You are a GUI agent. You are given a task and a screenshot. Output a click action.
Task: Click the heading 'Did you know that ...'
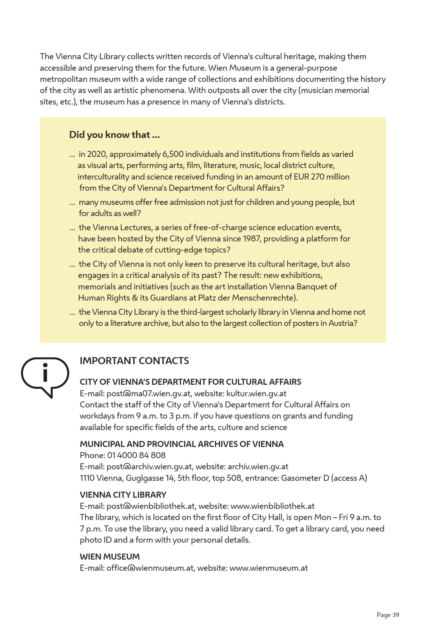pos(114,135)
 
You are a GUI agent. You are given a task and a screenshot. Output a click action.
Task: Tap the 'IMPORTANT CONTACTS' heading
pos(134,361)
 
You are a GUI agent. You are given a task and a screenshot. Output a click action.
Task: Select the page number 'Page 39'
pos(388,615)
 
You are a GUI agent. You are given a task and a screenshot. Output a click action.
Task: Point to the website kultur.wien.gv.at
pos(256,393)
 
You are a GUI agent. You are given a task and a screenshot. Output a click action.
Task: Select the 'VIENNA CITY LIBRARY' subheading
pos(123,495)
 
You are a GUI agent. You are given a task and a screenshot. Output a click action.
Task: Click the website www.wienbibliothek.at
pos(272,506)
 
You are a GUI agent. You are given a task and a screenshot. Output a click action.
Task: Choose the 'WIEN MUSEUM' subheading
pos(110,557)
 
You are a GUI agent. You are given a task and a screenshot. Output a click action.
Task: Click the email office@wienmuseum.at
pos(150,568)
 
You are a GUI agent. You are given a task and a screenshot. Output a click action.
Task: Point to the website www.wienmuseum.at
pos(269,568)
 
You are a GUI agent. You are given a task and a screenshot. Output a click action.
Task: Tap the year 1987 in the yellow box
pos(252,239)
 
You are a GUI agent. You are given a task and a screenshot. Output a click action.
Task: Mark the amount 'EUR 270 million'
pos(322,177)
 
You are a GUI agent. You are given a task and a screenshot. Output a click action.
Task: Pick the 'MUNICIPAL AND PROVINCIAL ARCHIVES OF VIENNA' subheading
pos(181,444)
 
